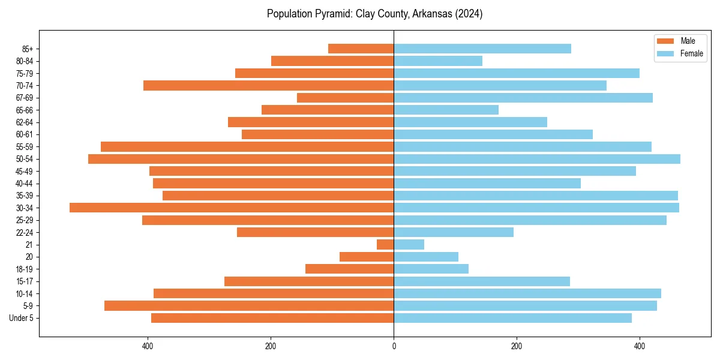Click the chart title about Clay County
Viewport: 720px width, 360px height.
374,14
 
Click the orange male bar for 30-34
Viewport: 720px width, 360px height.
232,208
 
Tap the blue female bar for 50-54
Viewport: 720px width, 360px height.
537,159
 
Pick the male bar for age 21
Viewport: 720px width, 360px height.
385,245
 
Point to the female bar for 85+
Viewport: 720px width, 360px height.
482,49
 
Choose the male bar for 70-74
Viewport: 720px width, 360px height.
268,85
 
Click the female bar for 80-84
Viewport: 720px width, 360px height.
438,61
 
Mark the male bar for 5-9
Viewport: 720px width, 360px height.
249,306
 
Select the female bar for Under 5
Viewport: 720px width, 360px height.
512,318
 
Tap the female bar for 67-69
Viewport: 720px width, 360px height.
523,98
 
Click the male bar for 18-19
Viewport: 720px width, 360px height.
349,269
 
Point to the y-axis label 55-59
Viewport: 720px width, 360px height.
25,147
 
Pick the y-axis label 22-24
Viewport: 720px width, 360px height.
25,233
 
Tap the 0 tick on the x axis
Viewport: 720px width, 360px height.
394,346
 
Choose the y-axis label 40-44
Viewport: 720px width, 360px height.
25,184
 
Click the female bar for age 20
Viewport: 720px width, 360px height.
426,257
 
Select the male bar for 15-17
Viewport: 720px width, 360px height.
309,281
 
